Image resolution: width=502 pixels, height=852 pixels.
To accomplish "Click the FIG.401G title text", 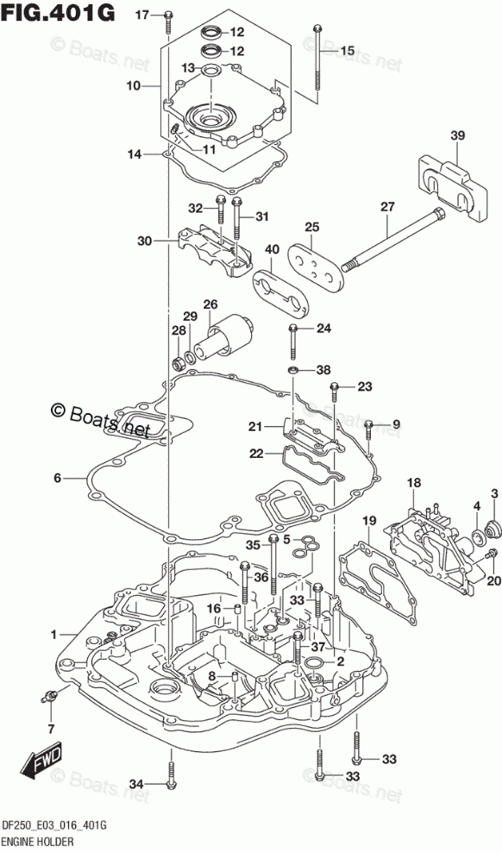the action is click(58, 12).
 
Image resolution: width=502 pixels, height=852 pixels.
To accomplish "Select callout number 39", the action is click(457, 135).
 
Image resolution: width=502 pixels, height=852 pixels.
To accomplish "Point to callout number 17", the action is click(141, 16).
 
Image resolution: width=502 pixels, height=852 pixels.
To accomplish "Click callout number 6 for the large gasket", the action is click(57, 479).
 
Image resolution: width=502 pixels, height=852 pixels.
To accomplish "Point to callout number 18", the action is click(414, 482).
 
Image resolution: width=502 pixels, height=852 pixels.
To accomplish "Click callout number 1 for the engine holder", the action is click(53, 634).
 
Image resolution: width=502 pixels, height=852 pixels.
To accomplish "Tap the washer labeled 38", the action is click(293, 371).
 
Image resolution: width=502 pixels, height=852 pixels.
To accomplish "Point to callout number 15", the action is click(348, 51).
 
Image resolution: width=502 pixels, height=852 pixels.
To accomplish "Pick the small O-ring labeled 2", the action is click(313, 662).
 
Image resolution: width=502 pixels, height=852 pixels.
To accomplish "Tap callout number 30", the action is click(145, 241).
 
